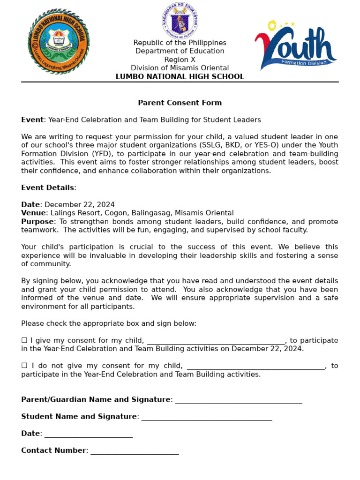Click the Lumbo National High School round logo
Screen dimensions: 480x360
point(59,41)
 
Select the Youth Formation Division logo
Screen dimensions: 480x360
point(295,45)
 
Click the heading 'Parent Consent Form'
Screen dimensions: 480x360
point(180,103)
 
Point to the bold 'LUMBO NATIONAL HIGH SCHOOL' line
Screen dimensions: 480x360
point(180,76)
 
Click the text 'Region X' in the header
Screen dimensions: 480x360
point(180,60)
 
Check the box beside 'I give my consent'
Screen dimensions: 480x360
point(24,340)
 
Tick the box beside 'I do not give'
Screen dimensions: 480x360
point(24,366)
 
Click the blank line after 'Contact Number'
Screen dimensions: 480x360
point(135,451)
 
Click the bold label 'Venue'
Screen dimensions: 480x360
point(34,213)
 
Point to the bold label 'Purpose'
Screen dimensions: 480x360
point(37,222)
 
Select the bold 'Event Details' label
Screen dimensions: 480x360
point(47,187)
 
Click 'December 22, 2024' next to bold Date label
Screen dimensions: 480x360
point(79,205)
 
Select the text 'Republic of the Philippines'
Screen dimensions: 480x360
point(180,43)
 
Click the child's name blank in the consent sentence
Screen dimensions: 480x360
point(216,341)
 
